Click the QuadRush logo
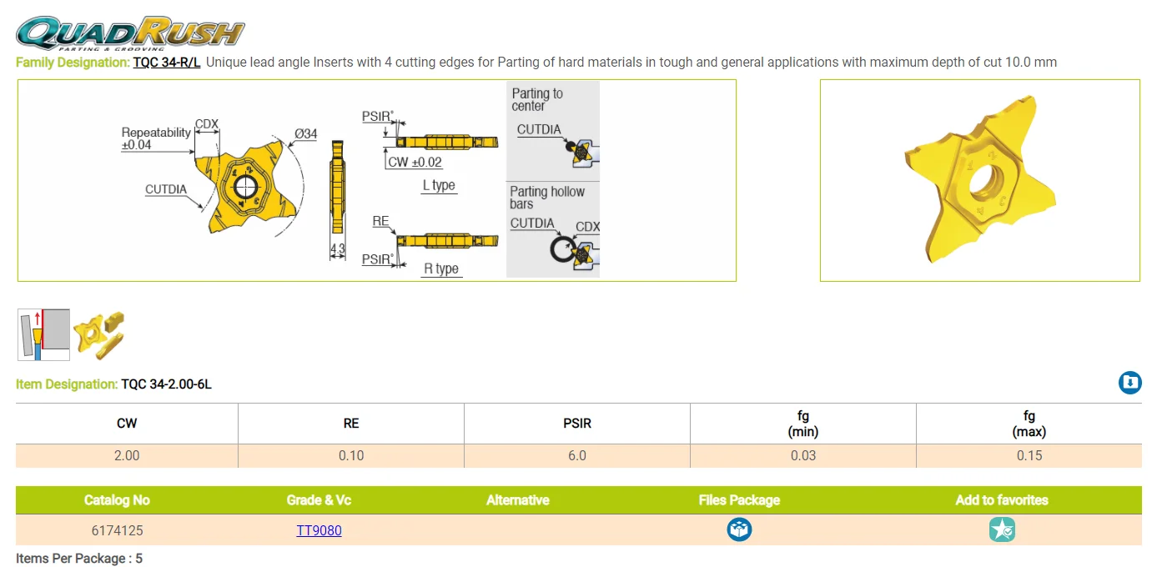(x=130, y=33)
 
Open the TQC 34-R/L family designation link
(x=167, y=63)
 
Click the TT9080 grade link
(x=319, y=530)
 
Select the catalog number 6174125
(x=118, y=530)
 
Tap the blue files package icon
(x=739, y=529)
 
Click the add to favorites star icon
(x=1002, y=529)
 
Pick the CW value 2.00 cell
(x=127, y=455)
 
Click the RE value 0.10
(x=351, y=455)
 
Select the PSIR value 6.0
(x=577, y=455)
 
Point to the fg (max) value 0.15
(x=1029, y=455)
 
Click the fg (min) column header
(x=802, y=424)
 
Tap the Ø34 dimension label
(x=306, y=134)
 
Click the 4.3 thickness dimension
(x=337, y=248)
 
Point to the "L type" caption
(x=439, y=185)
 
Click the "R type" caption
(x=440, y=268)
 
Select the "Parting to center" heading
(x=537, y=100)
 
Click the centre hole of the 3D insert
(x=986, y=181)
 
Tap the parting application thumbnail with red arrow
(x=43, y=334)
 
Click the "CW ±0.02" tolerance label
(x=415, y=163)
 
